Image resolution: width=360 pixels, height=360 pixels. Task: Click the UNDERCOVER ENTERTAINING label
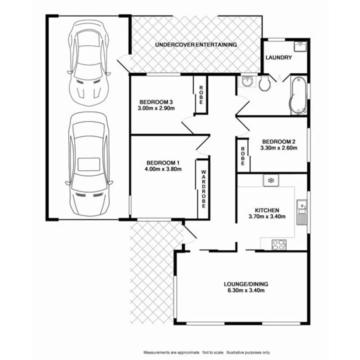[196, 45]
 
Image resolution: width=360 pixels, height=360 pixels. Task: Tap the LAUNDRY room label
[278, 58]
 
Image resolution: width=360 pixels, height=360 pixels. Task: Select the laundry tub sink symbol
[300, 47]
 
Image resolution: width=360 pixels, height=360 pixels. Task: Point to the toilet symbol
[265, 83]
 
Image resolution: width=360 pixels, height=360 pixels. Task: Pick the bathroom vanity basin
[246, 82]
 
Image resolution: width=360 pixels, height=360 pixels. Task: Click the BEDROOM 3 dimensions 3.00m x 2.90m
[156, 108]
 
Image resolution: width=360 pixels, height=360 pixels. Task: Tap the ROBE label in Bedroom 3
[201, 95]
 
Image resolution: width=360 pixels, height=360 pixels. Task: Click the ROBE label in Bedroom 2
[243, 156]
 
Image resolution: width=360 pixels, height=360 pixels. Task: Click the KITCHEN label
[267, 210]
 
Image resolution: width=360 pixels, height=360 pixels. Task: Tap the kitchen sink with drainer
[301, 213]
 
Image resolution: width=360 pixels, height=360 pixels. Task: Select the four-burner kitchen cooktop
[279, 244]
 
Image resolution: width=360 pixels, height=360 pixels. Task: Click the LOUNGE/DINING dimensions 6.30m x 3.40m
[246, 290]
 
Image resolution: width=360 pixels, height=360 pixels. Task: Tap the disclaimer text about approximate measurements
[207, 353]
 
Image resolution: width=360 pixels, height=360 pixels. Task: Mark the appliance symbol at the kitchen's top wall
[271, 180]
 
